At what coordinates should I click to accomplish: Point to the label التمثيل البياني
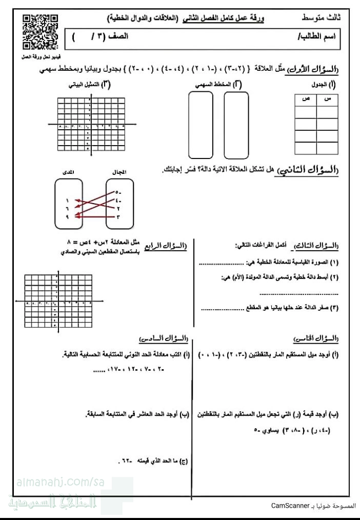(x=87, y=84)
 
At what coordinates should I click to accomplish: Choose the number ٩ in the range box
(x=67, y=217)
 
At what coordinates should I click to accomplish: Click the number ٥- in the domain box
(x=118, y=193)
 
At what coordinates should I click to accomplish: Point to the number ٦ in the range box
(x=67, y=209)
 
